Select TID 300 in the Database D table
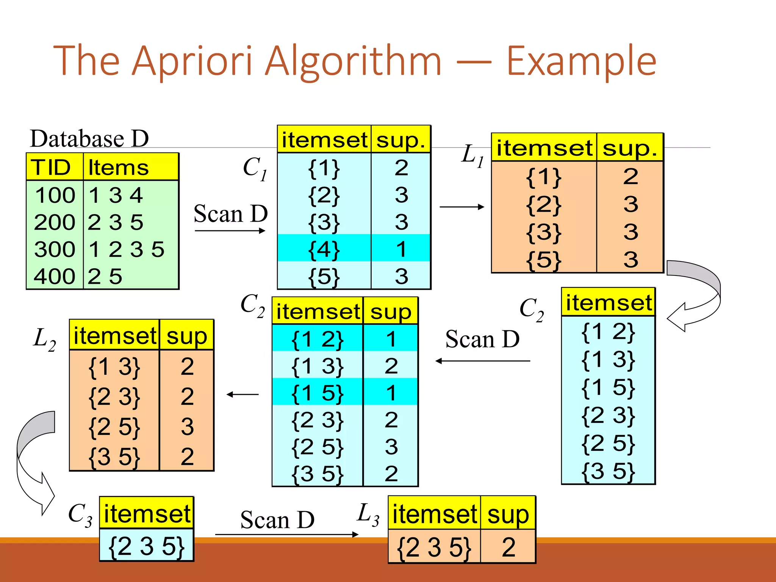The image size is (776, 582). [55, 249]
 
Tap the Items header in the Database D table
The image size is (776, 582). [118, 167]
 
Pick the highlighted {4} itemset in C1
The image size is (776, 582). [324, 249]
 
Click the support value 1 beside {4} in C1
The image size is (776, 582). [401, 249]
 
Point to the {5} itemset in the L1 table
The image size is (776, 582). [544, 260]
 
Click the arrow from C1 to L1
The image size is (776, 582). [462, 207]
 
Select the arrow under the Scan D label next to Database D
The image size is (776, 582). [230, 230]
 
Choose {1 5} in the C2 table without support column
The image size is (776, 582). [608, 388]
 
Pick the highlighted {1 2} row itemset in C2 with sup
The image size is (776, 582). [318, 339]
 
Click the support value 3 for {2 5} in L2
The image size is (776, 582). [187, 426]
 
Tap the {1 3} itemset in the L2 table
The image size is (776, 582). [114, 366]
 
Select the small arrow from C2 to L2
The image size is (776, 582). [242, 394]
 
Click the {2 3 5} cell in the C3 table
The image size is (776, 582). [146, 546]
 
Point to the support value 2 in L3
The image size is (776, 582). [508, 547]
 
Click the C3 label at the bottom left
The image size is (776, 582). [80, 515]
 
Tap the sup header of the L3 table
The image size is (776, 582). [508, 515]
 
